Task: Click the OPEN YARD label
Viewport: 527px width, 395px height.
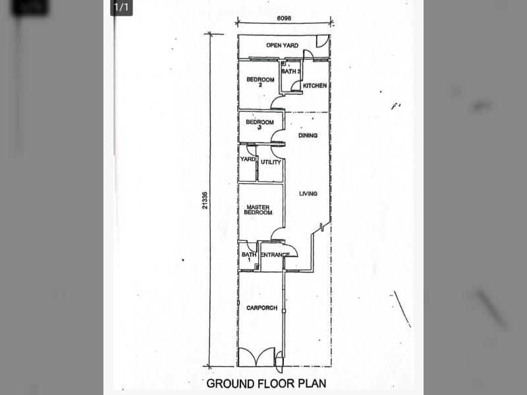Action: coord(282,45)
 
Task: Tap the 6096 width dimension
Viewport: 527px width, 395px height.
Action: coord(284,18)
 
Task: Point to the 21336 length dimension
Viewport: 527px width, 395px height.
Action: coord(205,200)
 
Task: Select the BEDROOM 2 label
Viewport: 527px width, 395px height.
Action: coord(260,82)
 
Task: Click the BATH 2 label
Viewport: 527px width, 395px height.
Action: coord(291,71)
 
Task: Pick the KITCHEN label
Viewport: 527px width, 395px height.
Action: coord(315,86)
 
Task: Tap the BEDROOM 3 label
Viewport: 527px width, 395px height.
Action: coord(260,124)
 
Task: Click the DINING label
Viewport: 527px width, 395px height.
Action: coord(308,136)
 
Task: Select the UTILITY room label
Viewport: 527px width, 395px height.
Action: coord(271,162)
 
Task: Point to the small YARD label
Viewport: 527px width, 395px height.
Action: coord(248,159)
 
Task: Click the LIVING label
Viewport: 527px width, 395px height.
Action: coord(308,194)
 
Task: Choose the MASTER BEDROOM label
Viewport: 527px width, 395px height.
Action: coord(258,210)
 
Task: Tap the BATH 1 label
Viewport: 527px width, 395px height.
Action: coord(249,257)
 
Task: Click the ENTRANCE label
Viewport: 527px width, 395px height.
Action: coord(275,255)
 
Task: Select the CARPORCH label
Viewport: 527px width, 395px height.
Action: coord(262,307)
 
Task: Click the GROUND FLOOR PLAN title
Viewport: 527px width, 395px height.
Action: coord(266,384)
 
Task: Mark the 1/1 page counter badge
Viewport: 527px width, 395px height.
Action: coord(121,7)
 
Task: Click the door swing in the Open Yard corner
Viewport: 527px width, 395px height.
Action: coord(323,41)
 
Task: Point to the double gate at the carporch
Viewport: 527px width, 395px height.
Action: coord(256,357)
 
